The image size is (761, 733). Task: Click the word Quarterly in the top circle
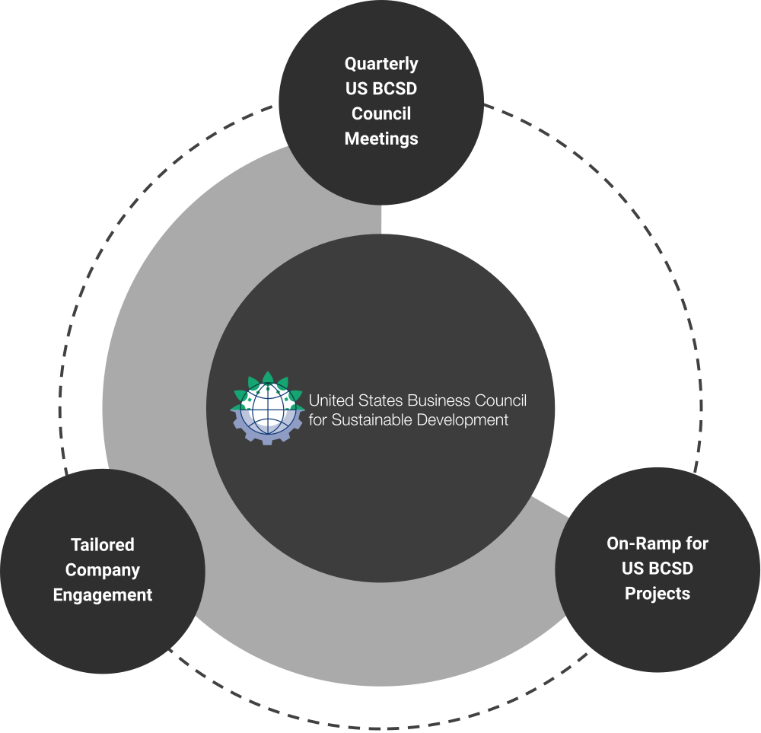(381, 64)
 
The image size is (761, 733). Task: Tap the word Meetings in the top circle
(381, 139)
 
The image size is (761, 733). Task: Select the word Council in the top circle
(381, 113)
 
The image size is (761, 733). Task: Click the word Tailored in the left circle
(103, 545)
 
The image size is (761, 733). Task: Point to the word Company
(103, 570)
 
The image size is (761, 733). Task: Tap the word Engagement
(103, 595)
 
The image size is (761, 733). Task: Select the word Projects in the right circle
(658, 593)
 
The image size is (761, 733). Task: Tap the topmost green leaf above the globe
(267, 378)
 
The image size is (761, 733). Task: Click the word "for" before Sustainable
(317, 420)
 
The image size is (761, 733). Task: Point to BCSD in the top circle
(396, 88)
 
